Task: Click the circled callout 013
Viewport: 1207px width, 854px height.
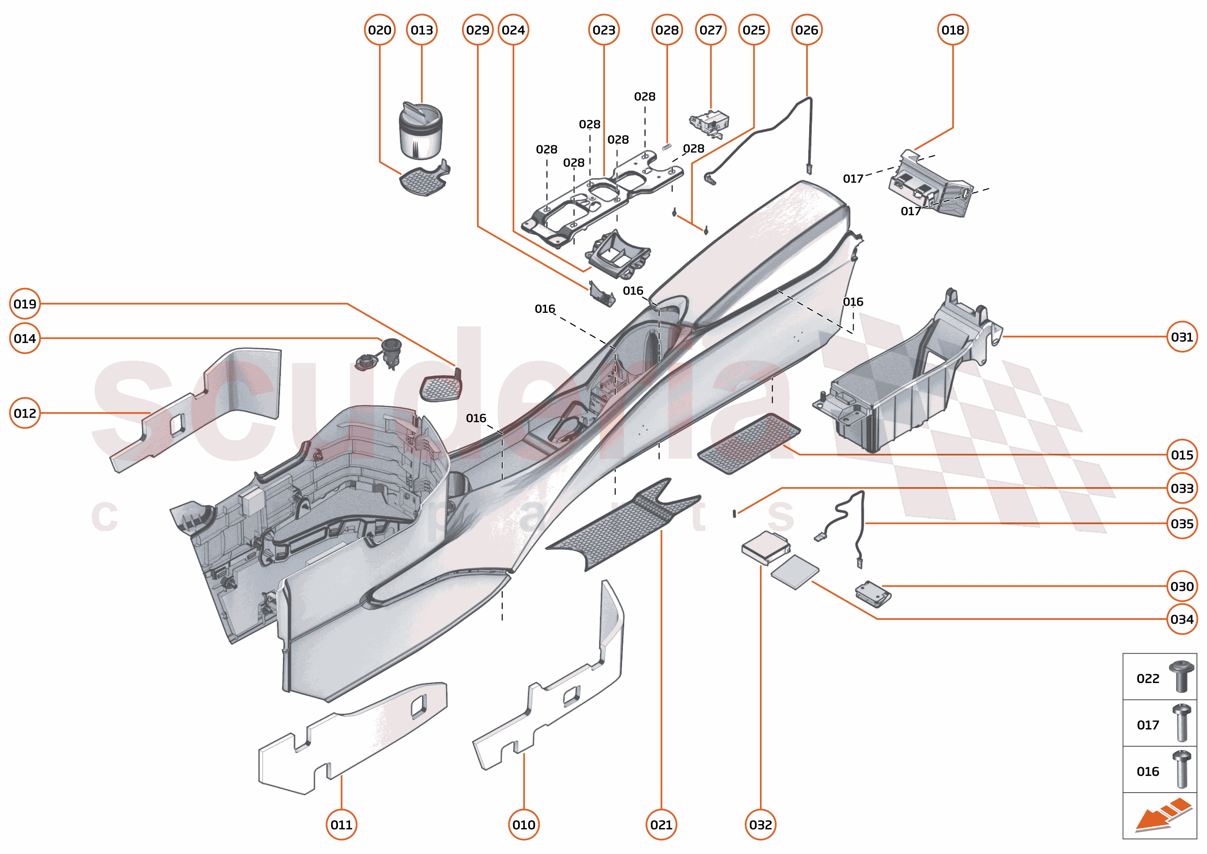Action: pos(421,30)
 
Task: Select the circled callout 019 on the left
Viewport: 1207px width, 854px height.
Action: pos(25,304)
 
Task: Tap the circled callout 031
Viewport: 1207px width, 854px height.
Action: pos(1181,336)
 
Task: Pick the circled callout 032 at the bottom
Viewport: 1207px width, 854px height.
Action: pos(760,825)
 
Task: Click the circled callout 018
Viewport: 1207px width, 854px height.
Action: pos(953,30)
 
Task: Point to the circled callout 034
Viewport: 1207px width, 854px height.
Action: pos(1181,619)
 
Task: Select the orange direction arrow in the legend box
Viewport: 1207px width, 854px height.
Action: pos(1162,815)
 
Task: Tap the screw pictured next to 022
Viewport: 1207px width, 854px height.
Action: pos(1181,676)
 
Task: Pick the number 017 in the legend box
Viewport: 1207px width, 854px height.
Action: pos(1148,725)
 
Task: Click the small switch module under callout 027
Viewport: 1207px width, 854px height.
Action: pos(709,123)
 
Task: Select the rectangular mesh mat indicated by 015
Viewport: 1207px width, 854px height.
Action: pos(749,443)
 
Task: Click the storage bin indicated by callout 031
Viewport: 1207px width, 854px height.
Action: pos(905,384)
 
